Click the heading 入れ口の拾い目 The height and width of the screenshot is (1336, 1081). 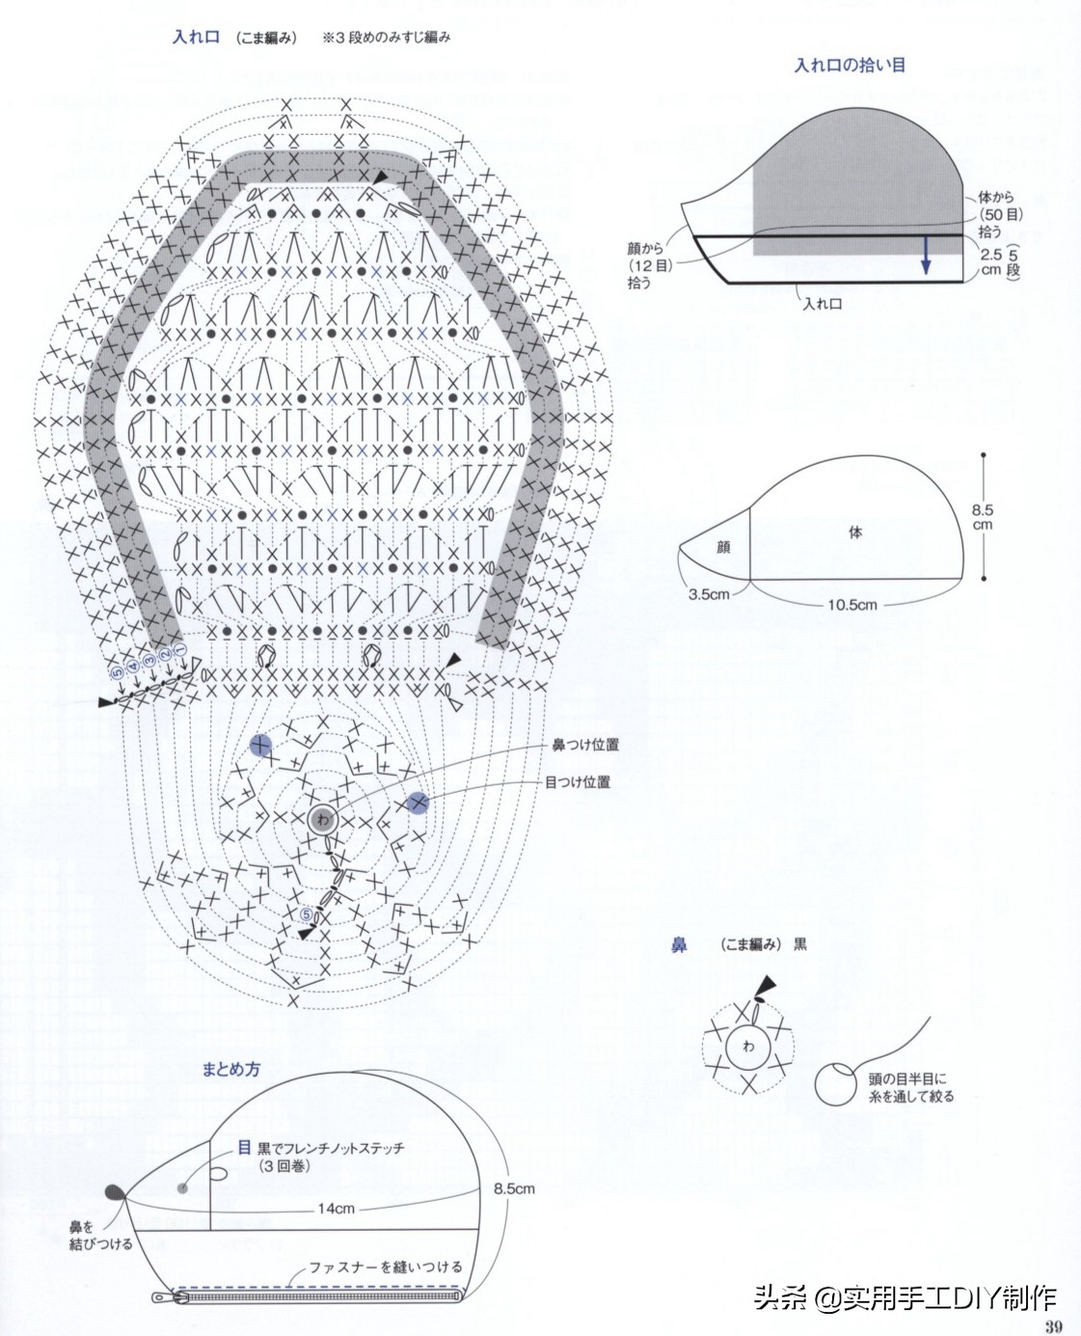tap(850, 66)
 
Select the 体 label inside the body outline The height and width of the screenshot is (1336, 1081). tap(855, 532)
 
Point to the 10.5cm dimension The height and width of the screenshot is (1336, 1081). tap(852, 605)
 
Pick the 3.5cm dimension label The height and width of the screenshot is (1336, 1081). tap(709, 594)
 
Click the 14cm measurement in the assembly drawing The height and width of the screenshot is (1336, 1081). tap(337, 1208)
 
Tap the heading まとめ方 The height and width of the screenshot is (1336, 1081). tap(230, 1070)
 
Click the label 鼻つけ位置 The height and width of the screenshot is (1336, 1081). tap(585, 745)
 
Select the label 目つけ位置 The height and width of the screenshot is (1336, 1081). tap(578, 781)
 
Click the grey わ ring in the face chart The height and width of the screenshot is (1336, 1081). tap(322, 819)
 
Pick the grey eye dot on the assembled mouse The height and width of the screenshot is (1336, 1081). tap(183, 1187)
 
